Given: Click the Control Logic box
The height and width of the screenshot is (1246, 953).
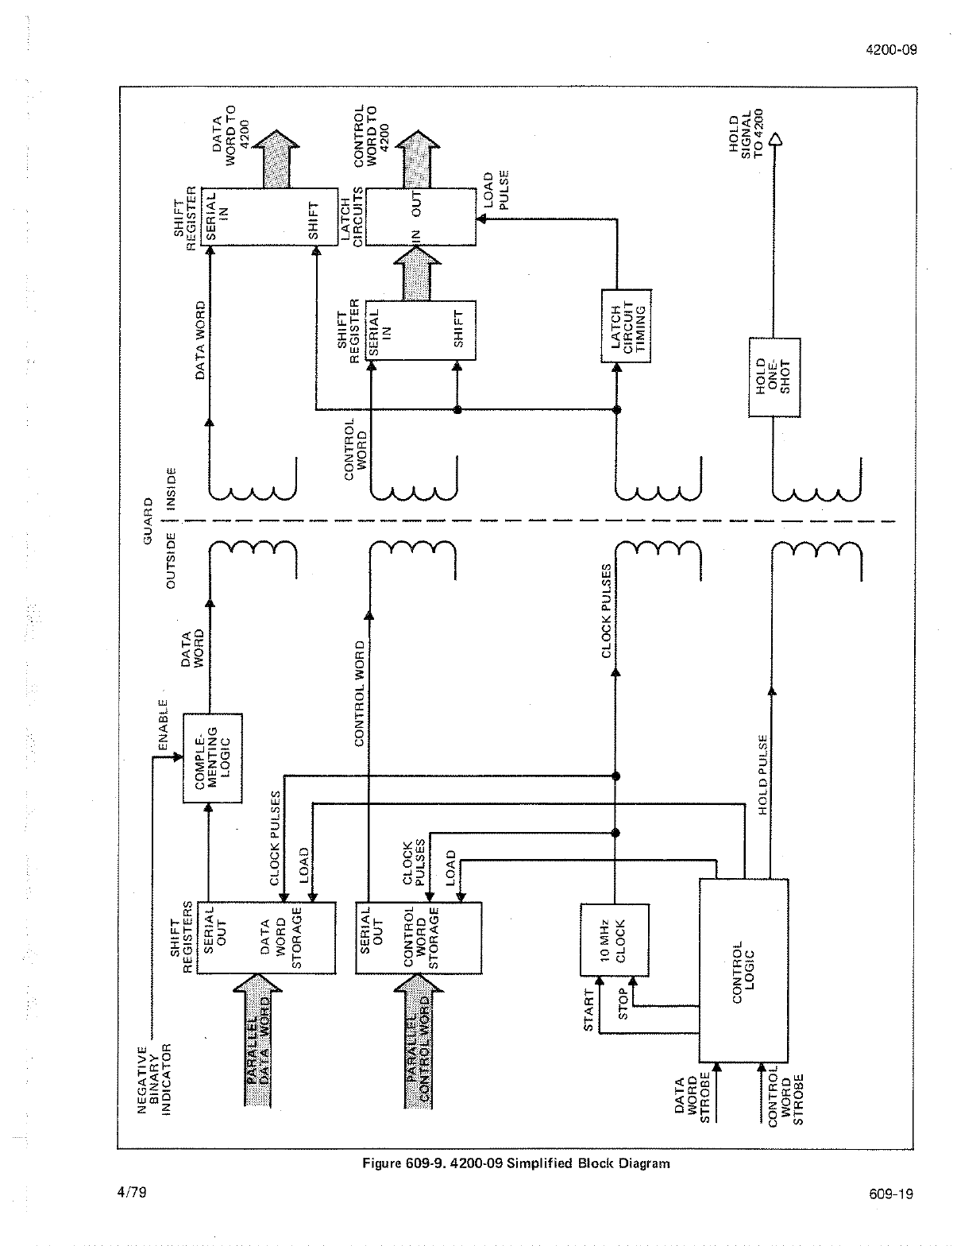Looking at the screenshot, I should pos(744,969).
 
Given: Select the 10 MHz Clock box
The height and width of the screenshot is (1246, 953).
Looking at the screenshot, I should pos(614,940).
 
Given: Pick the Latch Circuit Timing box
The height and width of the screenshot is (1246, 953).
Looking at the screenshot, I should pos(627,326).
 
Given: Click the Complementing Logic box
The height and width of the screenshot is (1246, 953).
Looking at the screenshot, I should pos(213,758).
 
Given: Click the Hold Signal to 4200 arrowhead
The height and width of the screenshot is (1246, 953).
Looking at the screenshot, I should pos(776,140).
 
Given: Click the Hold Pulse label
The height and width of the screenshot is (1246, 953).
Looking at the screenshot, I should pos(762,775).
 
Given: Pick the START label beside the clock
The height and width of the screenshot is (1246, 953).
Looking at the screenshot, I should pos(588,1010).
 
